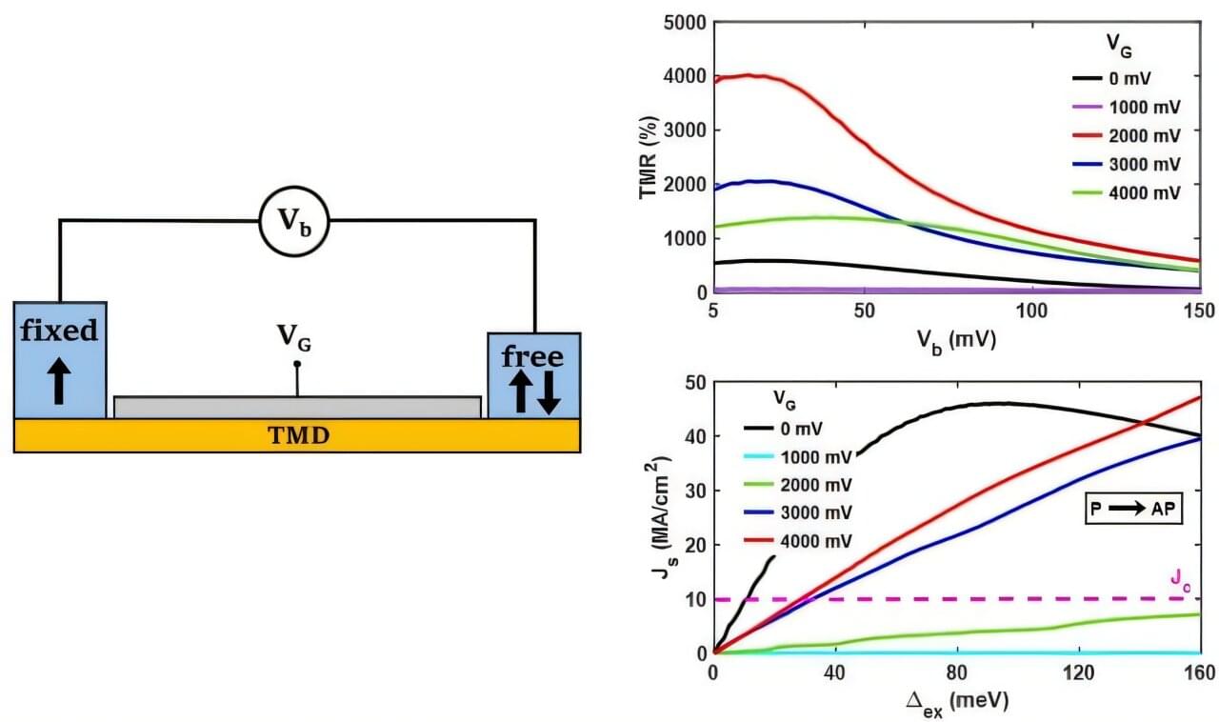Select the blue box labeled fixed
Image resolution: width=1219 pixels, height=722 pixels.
coord(60,359)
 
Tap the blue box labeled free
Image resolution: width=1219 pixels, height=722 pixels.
coord(533,374)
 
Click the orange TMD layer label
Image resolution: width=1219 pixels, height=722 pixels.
coord(297,435)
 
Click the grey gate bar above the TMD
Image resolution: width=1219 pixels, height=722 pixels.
coord(297,407)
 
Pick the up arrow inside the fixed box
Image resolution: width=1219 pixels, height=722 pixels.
coord(59,381)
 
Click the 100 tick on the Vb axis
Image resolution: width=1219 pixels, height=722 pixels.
coord(1031,311)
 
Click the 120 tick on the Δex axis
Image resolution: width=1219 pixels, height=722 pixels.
coord(1078,673)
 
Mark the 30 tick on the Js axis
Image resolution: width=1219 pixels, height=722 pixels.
coord(694,491)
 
